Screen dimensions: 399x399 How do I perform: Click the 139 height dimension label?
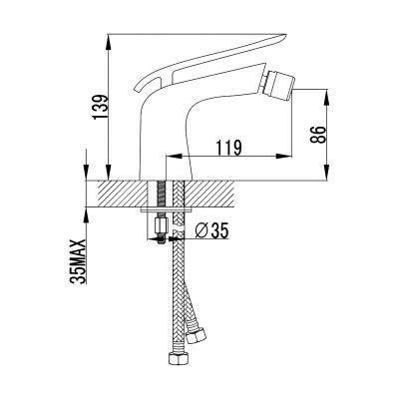(x=101, y=107)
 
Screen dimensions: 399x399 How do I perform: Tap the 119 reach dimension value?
(x=228, y=148)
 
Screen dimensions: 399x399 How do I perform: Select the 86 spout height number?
(x=317, y=135)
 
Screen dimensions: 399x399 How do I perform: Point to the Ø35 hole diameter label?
(x=211, y=230)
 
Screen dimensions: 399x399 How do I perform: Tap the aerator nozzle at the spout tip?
(x=278, y=82)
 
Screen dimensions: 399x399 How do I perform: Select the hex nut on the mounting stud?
(x=162, y=225)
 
